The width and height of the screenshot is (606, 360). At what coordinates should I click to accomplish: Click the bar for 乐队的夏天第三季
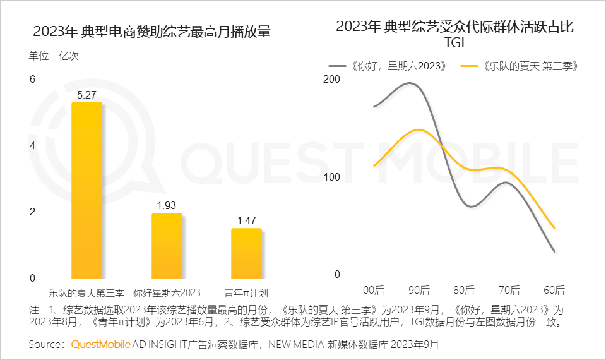point(86,189)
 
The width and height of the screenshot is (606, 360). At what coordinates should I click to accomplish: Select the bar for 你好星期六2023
point(167,246)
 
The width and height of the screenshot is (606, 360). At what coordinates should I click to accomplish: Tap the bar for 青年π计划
point(246,253)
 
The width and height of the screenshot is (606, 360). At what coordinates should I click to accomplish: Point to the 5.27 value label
point(86,95)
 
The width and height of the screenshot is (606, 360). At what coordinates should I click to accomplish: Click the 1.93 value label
point(167,206)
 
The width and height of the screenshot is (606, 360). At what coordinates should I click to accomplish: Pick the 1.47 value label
point(246,220)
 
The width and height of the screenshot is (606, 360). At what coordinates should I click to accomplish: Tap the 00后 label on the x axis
point(374,291)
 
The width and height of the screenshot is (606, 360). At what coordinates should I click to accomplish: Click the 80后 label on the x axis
point(464,291)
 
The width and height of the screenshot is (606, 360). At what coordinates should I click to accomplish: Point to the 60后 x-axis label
point(554,291)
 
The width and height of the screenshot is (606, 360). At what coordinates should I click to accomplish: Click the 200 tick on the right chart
point(331,80)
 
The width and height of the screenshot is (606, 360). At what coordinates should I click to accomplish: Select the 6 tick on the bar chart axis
point(32,79)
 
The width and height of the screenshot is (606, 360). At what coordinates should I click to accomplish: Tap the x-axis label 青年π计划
point(246,293)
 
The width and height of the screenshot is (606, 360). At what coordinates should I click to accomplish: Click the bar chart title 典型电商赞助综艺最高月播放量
point(151,32)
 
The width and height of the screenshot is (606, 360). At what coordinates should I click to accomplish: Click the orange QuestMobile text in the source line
point(100,345)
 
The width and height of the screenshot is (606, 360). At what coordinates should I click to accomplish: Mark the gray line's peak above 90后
point(410,83)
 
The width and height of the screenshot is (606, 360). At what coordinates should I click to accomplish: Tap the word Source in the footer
point(44,345)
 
